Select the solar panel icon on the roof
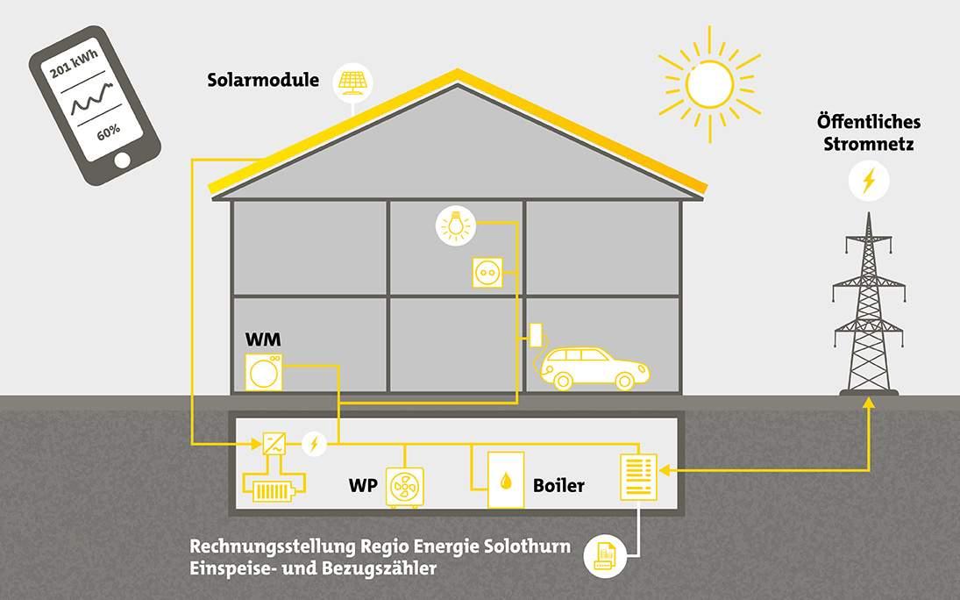(x=353, y=83)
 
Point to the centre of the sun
(x=709, y=83)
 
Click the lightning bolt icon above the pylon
(x=868, y=182)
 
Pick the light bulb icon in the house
(x=454, y=225)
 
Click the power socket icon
(x=488, y=272)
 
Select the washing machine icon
(x=264, y=372)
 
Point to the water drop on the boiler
(x=506, y=481)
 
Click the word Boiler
(x=558, y=485)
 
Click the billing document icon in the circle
(x=605, y=554)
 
